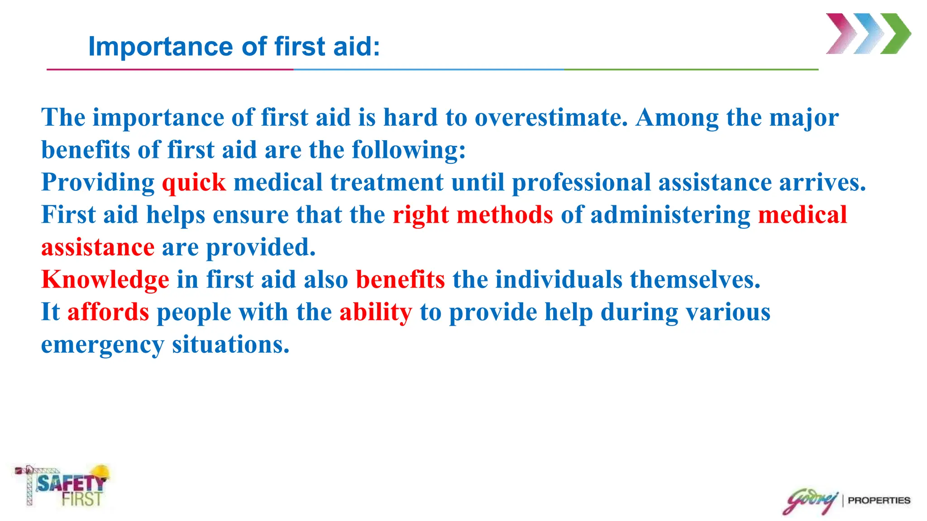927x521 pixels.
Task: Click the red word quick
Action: [194, 183]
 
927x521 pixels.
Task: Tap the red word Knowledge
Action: [105, 280]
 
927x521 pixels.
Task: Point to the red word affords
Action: [108, 312]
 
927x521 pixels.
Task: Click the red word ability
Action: [376, 313]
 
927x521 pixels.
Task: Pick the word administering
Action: [670, 215]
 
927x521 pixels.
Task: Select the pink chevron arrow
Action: [841, 34]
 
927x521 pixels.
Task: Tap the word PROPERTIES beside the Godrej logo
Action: [879, 501]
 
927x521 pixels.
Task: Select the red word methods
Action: [505, 215]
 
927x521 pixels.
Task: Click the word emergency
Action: [102, 345]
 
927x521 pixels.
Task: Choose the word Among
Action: [677, 118]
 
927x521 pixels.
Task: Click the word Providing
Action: [98, 183]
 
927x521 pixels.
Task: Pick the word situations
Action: [230, 345]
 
